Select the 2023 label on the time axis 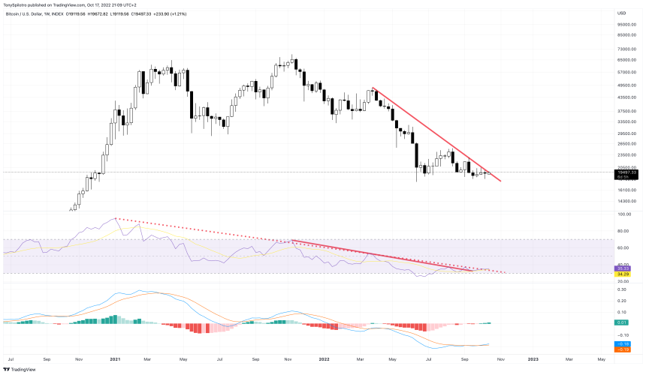coord(533,358)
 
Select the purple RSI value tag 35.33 coord(623,267)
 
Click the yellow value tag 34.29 coord(623,273)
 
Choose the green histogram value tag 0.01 coord(623,323)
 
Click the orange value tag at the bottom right coord(623,349)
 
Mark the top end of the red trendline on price coord(373,88)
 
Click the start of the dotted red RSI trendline coord(116,218)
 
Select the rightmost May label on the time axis coord(601,358)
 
